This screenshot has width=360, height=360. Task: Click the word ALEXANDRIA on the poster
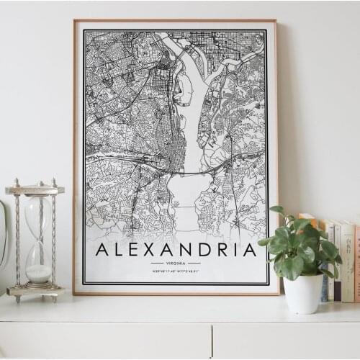click(x=176, y=250)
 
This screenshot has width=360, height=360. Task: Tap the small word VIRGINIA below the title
click(x=176, y=264)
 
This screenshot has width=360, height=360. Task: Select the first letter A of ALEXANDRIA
click(x=102, y=250)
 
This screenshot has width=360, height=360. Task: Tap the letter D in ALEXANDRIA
click(x=210, y=250)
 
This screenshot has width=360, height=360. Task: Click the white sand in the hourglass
click(x=39, y=274)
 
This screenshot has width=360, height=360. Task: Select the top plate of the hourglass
click(x=35, y=189)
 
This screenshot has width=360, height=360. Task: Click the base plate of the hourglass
click(x=36, y=292)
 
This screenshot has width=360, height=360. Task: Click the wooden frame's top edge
click(x=175, y=21)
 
